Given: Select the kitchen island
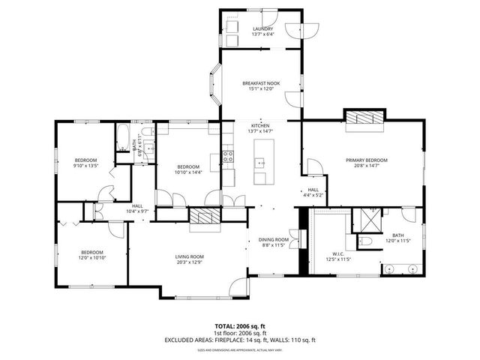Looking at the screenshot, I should pos(264,161).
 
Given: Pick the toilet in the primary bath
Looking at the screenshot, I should pos(366,241).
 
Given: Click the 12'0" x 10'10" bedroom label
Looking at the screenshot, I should pos(91,254).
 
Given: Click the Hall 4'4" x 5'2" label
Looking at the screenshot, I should pos(313,192).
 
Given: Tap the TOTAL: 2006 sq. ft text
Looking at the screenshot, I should pos(240,325).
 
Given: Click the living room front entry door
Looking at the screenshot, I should pos(240,286).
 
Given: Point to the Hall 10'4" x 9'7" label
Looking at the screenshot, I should pos(137,208).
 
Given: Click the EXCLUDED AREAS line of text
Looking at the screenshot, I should pos(240,340).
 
